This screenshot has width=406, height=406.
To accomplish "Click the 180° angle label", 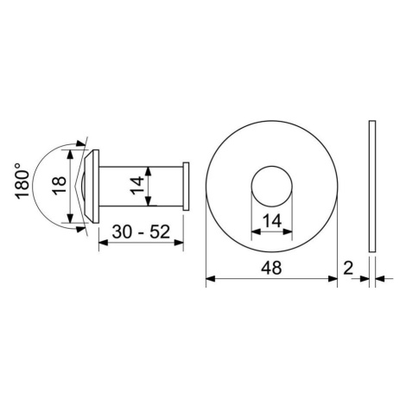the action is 22,181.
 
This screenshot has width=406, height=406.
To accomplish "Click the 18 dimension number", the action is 60,186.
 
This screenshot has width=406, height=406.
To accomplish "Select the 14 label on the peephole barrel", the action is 136,186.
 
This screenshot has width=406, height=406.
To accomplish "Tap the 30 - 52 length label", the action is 141,232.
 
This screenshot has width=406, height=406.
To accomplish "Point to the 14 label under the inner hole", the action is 272,221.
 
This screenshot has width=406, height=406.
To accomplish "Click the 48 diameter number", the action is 271,268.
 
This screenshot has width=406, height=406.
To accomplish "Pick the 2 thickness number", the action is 348,268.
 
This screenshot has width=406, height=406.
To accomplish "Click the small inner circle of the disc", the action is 272,166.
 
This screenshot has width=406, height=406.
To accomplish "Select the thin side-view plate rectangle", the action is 372,187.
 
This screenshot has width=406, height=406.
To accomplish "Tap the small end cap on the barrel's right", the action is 186,187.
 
